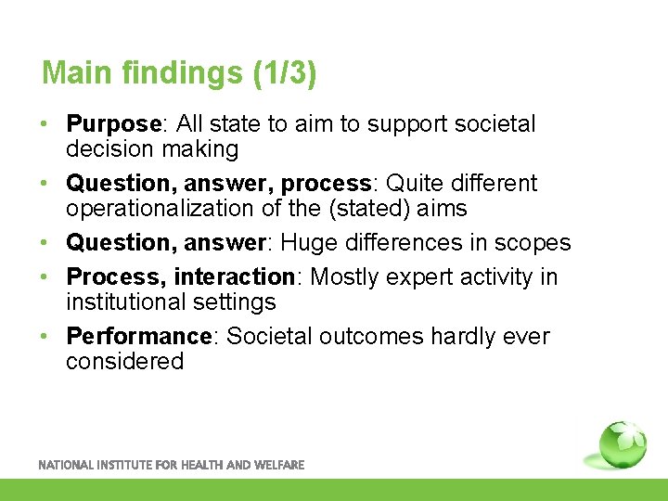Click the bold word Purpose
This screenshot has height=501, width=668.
coord(114,124)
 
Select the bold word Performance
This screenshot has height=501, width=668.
coord(139,336)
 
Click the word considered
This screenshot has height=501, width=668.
coord(124,361)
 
